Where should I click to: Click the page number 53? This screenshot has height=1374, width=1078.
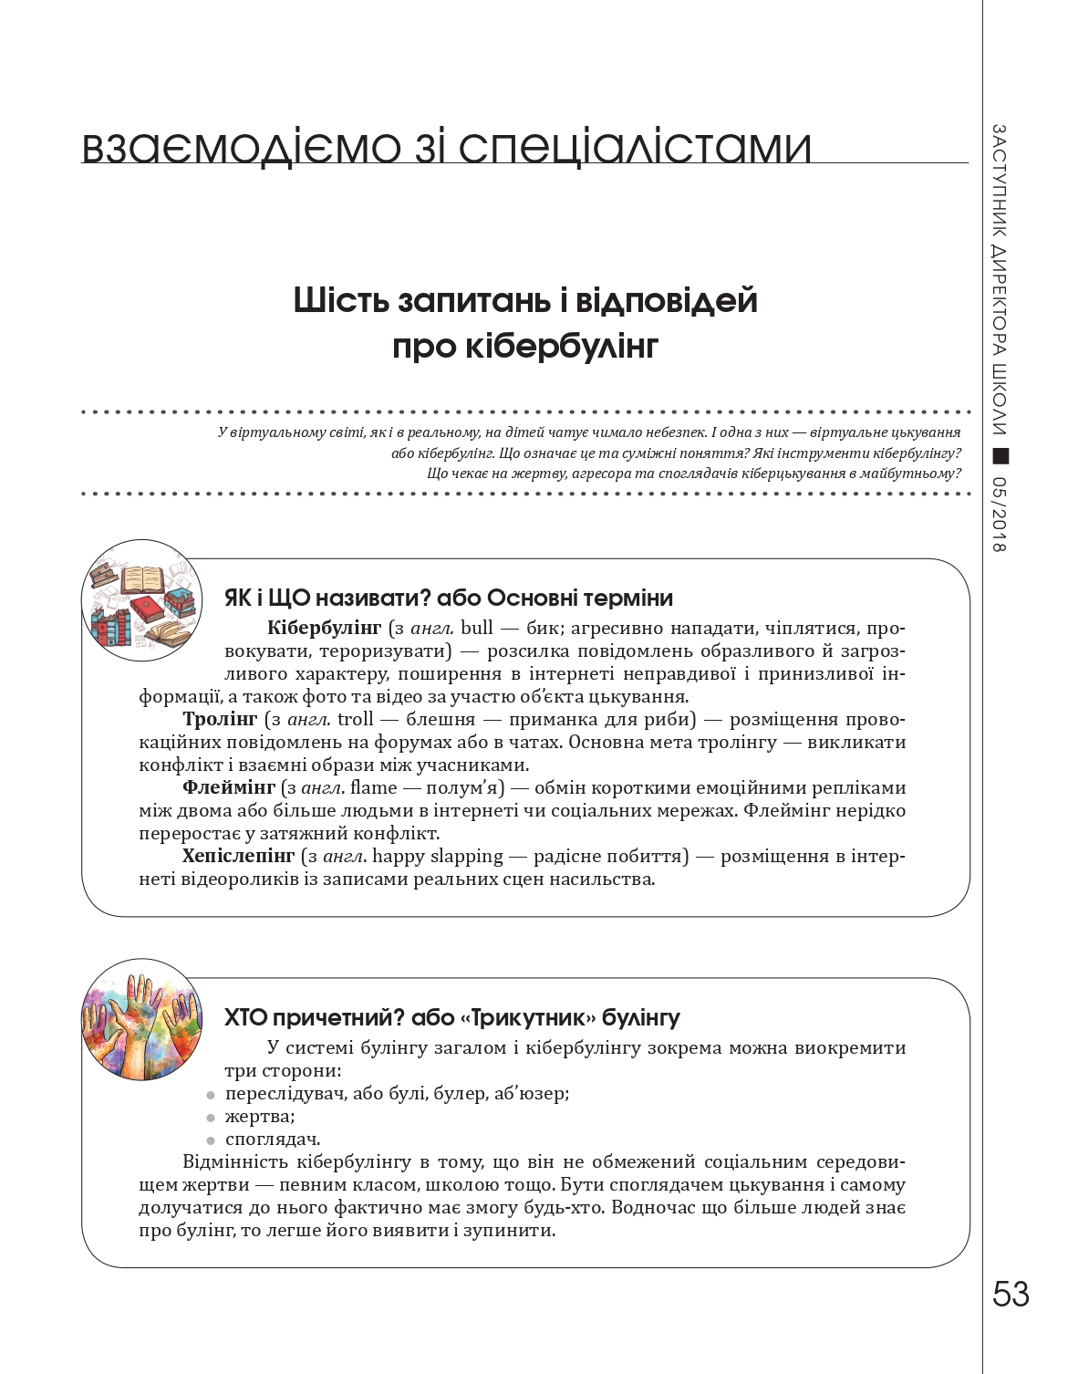1011,1294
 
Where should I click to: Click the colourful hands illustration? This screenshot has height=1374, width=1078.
141,1019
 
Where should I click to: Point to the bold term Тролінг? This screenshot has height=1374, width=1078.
220,719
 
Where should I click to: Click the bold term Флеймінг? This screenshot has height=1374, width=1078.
228,787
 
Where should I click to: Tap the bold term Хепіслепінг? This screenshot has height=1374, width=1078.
238,856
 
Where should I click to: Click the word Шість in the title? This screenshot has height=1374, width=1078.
339,300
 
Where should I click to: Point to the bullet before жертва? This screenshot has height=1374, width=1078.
211,1118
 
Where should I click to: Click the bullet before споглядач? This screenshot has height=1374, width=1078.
211,1140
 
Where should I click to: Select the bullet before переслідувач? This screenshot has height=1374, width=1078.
211,1095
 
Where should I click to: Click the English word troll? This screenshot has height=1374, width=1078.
355,719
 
